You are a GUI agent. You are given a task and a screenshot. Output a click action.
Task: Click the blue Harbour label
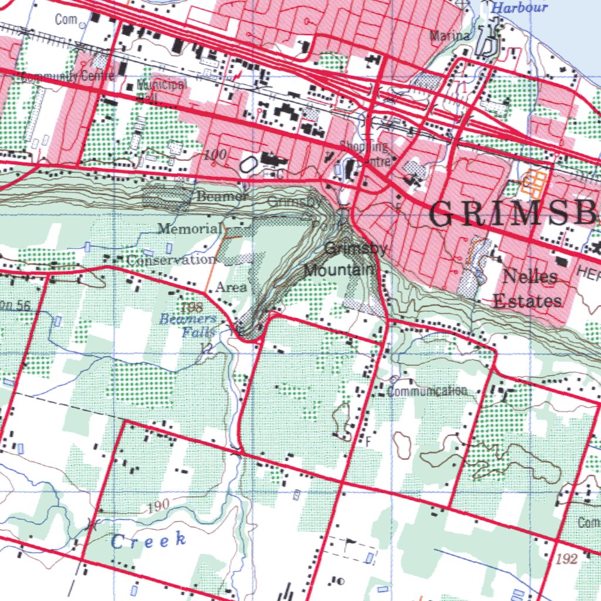pos(519,8)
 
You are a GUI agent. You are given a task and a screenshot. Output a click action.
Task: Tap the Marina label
pos(450,36)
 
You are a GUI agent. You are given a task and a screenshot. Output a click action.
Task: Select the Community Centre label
pos(58,77)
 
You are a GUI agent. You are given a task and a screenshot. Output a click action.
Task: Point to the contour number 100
pos(215,156)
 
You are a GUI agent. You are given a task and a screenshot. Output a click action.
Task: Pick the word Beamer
pos(222,197)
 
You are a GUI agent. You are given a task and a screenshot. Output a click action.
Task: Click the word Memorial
pos(190,228)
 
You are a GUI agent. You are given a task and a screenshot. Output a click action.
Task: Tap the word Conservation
pos(171,259)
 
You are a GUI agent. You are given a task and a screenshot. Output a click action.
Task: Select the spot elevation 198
pos(191,307)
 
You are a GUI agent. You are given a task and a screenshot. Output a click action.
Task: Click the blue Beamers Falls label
pos(189,326)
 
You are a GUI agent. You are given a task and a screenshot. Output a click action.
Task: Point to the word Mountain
pos(339,270)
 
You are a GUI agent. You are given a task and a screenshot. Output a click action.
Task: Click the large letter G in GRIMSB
pos(445,214)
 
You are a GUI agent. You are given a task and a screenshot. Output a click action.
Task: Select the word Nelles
pos(530,276)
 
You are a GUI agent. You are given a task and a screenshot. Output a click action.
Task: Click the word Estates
pos(527,301)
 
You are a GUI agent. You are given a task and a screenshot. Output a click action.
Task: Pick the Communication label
pos(428,391)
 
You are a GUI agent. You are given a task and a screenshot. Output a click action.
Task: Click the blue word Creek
pos(148,541)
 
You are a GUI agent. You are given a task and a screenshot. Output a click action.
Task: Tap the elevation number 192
pos(568,558)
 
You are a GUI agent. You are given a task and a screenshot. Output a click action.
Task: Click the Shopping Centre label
pos(367,153)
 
